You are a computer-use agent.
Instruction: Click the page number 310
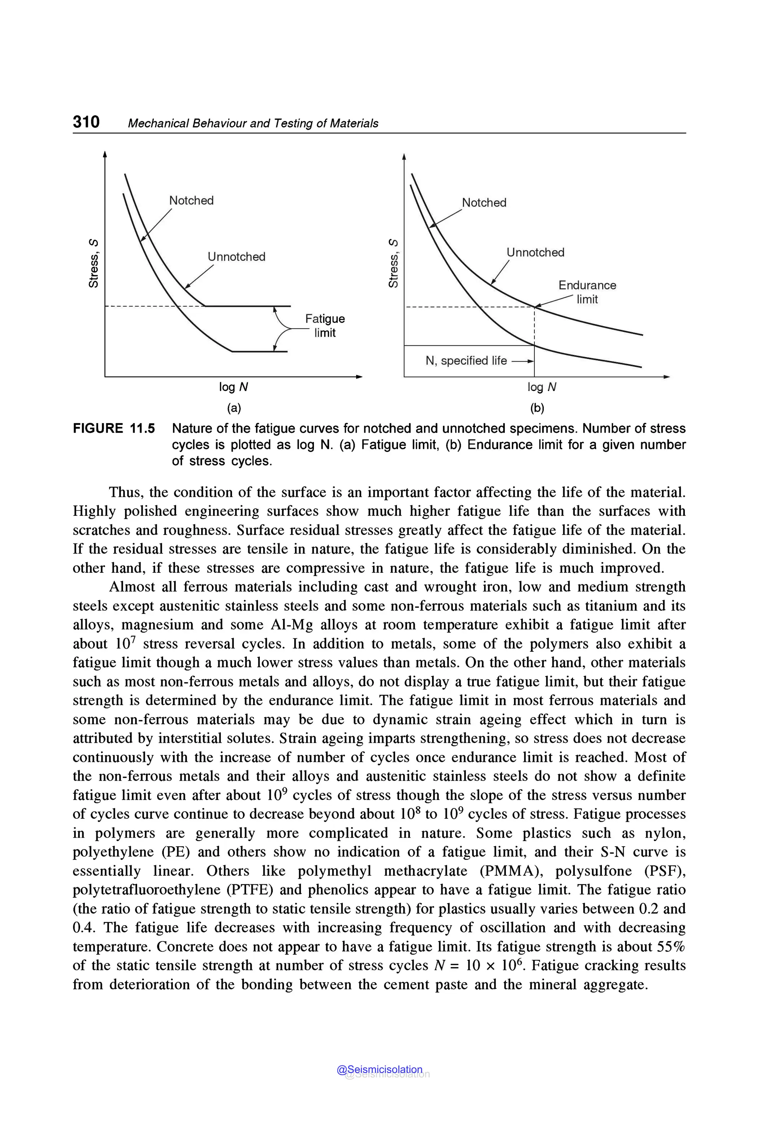coord(86,122)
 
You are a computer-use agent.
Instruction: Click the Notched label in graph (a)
coord(191,200)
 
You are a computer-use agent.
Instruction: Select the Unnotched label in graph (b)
coord(536,252)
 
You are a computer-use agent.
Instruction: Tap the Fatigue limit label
coord(325,325)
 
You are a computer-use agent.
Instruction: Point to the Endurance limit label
coord(587,292)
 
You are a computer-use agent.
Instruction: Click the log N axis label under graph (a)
coord(233,387)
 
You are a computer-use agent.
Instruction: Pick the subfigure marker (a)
coord(234,408)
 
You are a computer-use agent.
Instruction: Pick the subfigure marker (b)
coord(537,408)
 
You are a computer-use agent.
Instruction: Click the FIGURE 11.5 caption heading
coord(114,428)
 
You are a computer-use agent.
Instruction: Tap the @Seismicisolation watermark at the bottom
coord(380,1070)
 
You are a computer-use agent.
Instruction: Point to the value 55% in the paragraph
coord(671,946)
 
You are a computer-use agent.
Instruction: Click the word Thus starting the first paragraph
coord(126,492)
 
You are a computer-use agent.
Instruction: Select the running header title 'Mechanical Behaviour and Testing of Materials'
coord(253,123)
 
